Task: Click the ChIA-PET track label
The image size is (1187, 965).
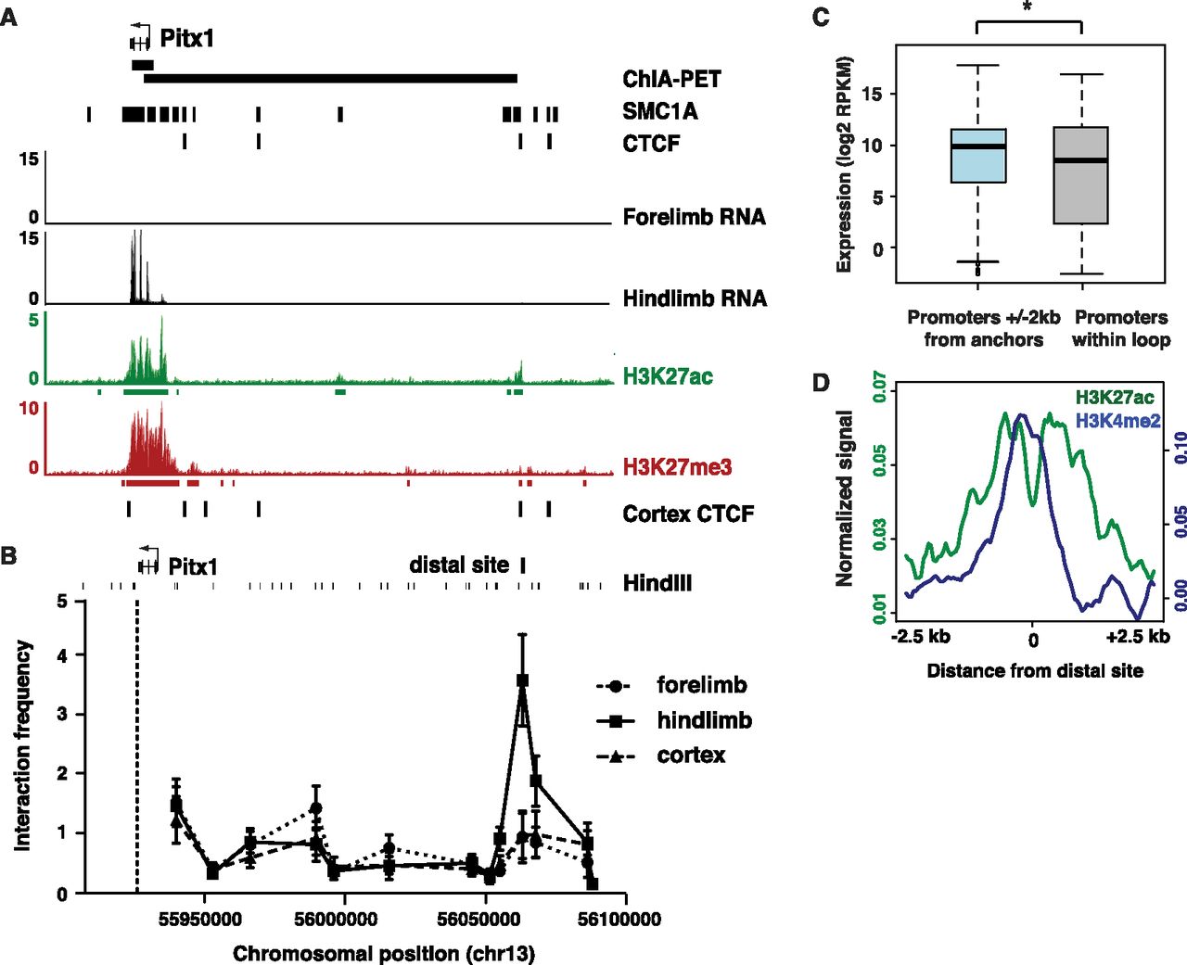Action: [x=671, y=79]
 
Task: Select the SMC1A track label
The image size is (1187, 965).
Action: [x=659, y=111]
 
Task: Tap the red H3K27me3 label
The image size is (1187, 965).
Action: [x=677, y=466]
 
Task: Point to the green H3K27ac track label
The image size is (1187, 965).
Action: [x=668, y=375]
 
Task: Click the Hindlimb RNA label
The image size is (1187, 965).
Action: [x=695, y=298]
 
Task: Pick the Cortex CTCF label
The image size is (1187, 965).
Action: [x=688, y=514]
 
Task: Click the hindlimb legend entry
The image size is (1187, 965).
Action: [x=704, y=720]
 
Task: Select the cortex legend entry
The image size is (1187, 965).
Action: [x=691, y=755]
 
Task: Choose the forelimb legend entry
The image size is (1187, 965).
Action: [x=701, y=685]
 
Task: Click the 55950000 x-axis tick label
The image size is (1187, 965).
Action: [x=200, y=920]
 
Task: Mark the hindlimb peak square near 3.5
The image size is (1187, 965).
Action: [x=522, y=680]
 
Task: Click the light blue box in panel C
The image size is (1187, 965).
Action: [x=977, y=156]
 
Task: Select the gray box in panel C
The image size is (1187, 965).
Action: [x=1081, y=175]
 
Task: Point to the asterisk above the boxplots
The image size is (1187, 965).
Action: [x=1028, y=8]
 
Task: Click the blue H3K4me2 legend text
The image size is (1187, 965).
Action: [x=1117, y=421]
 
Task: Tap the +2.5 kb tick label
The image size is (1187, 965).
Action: [x=1137, y=636]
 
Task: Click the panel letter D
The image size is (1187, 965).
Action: [x=821, y=383]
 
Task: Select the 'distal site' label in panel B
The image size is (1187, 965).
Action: [x=459, y=565]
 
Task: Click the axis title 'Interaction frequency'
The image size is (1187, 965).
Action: [x=23, y=745]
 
